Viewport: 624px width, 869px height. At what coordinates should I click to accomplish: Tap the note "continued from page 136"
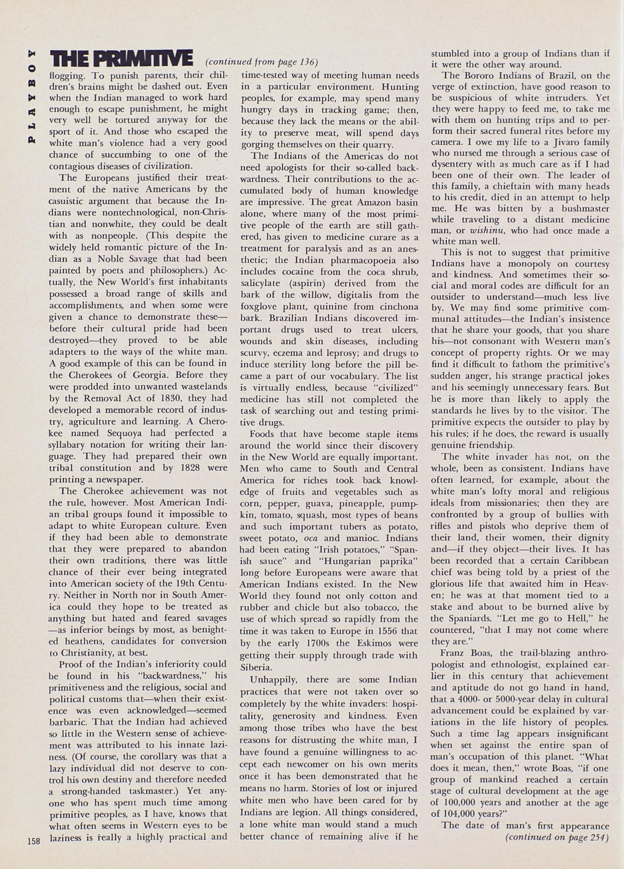pos(262,62)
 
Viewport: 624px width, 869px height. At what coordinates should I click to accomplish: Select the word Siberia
pos(256,667)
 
